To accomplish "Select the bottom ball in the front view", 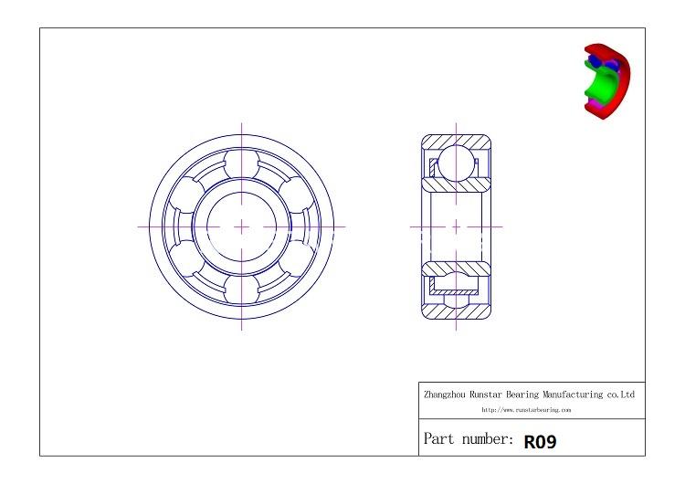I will pyautogui.click(x=242, y=286).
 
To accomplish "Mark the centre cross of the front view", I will pyautogui.click(x=242, y=226).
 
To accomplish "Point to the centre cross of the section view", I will pyautogui.click(x=456, y=226).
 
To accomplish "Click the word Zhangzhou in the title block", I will pyautogui.click(x=445, y=395).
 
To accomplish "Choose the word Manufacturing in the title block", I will pyautogui.click(x=574, y=395).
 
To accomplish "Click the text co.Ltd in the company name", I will pyautogui.click(x=621, y=395).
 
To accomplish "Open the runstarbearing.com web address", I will pyautogui.click(x=526, y=411).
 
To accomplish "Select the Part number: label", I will pyautogui.click(x=468, y=440).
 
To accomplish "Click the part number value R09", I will pyautogui.click(x=540, y=442).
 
